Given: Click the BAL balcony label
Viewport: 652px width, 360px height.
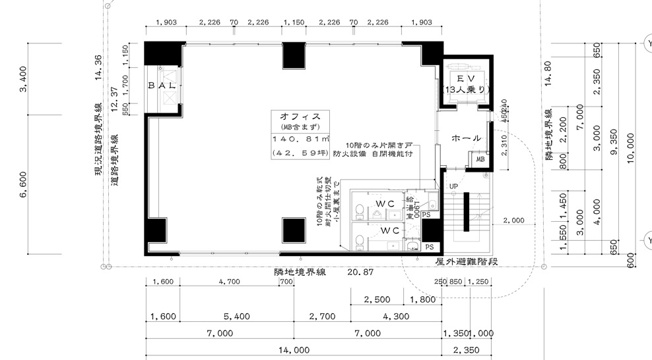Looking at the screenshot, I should point(164,89).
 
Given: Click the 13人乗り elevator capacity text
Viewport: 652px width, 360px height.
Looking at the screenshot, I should point(465,90).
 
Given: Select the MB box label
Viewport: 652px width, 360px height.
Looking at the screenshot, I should point(480,159).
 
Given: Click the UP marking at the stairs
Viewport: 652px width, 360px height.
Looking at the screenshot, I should point(452,187).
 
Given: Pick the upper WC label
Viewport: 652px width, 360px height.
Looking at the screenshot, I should point(385,205).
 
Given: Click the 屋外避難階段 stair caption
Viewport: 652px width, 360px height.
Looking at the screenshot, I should point(468,262).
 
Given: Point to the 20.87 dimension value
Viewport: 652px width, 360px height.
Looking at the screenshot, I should point(362,271).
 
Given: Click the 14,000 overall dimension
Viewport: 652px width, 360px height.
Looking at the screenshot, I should point(293,351).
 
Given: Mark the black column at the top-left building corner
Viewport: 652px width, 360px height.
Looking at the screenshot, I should point(160,54).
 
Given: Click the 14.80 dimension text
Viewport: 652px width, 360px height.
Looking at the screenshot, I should point(547,75).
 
